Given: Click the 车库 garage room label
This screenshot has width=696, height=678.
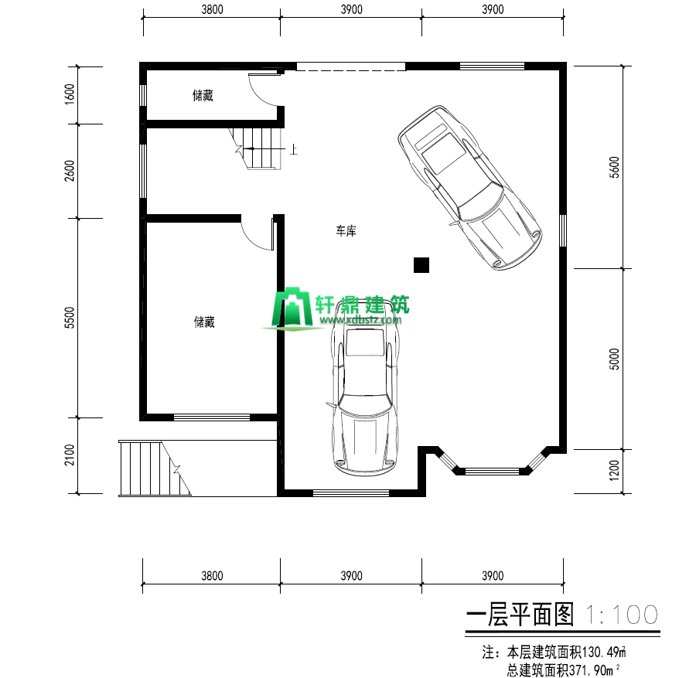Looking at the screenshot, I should click(x=345, y=231).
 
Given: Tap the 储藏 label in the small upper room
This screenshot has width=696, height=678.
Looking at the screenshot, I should click(x=203, y=97).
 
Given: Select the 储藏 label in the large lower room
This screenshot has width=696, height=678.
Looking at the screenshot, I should click(x=204, y=322).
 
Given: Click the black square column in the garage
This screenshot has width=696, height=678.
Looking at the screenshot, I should click(x=421, y=265).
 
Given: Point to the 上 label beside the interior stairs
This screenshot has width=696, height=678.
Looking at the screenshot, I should click(x=294, y=150).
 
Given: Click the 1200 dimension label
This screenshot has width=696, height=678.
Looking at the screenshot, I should click(x=615, y=471).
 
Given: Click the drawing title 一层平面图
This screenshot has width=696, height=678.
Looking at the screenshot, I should click(x=523, y=615).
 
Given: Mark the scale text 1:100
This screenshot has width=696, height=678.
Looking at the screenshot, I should click(x=623, y=615).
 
